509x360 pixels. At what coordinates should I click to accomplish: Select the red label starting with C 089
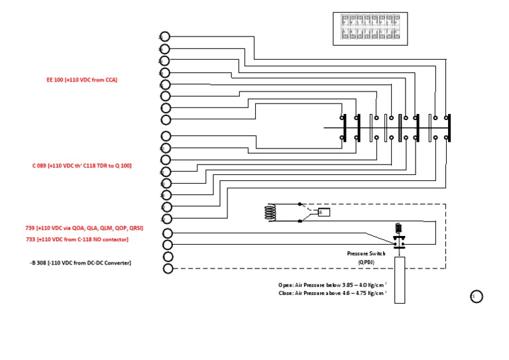pos(82,166)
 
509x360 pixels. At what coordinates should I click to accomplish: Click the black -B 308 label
pos(80,263)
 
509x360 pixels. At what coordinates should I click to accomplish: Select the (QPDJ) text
pos(367,262)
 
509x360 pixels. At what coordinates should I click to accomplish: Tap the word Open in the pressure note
pos(286,284)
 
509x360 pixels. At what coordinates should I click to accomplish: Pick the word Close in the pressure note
pos(286,292)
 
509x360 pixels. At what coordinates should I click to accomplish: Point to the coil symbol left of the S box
pos(270,211)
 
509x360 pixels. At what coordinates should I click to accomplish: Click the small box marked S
pos(324,212)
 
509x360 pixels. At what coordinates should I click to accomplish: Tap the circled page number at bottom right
pos(477,297)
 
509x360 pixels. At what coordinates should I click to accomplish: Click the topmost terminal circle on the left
pos(165,37)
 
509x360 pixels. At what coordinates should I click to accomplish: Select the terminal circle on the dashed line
pos(168,269)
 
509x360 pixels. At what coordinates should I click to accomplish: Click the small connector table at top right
pos(370,29)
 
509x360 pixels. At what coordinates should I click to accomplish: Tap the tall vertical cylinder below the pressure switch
pos(399,278)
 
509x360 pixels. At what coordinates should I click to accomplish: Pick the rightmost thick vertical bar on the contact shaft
pos(449,127)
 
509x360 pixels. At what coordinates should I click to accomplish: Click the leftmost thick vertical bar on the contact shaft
pos(345,127)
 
